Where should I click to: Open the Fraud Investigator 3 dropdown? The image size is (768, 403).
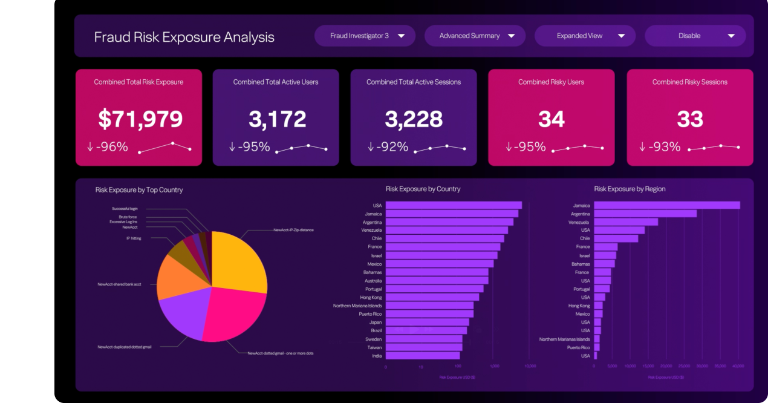[365, 36]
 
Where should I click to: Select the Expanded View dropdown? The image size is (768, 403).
[585, 36]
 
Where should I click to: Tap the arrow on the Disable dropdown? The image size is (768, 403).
[731, 36]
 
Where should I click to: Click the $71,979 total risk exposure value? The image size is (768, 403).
[140, 119]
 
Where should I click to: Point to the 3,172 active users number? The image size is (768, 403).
[278, 119]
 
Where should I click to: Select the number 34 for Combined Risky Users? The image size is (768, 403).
[551, 119]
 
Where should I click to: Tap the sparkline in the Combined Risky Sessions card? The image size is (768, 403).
[714, 147]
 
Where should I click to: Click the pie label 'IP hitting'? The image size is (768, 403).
[134, 238]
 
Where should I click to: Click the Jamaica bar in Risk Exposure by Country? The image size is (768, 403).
[451, 214]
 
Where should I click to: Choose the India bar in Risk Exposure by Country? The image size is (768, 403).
[422, 356]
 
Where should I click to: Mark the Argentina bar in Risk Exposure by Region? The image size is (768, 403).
[645, 214]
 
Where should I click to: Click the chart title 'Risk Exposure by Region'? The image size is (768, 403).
[630, 189]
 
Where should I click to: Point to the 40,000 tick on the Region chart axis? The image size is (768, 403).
[738, 366]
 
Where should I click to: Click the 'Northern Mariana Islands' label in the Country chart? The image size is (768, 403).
[357, 306]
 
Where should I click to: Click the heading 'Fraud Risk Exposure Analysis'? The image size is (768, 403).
[184, 37]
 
